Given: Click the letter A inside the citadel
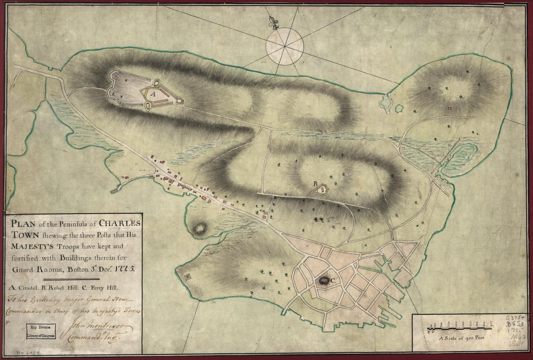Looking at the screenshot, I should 151,95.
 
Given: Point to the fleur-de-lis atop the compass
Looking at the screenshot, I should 275,22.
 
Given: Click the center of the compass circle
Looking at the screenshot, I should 284,47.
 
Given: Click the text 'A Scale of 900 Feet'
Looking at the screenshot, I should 458,340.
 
